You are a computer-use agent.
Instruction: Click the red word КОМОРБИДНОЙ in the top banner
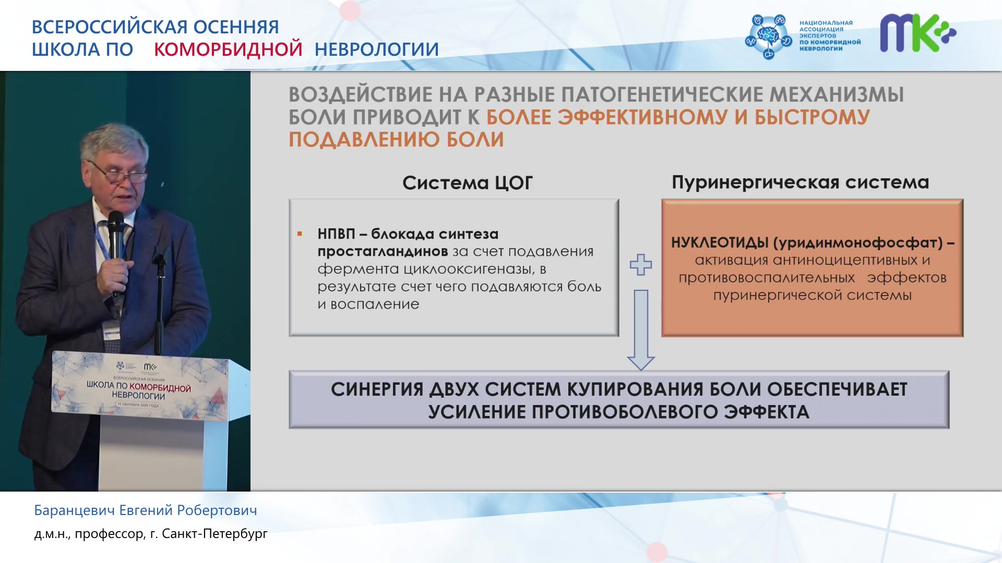[x=228, y=50]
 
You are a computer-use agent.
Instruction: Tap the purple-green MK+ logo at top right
[x=918, y=33]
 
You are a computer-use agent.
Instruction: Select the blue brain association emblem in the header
[x=768, y=36]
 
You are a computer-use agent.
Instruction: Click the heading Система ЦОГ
[x=468, y=183]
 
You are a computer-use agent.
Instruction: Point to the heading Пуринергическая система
[x=801, y=182]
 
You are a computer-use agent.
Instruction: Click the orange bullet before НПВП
[x=300, y=234]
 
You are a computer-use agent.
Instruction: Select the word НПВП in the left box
[x=336, y=234]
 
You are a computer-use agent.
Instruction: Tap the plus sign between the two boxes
[x=641, y=265]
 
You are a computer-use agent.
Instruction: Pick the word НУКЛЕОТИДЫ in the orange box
[x=720, y=242]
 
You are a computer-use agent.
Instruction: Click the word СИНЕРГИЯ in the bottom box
[x=377, y=389]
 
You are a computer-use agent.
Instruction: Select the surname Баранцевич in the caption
[x=75, y=510]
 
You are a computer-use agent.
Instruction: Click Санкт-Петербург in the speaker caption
[x=214, y=534]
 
